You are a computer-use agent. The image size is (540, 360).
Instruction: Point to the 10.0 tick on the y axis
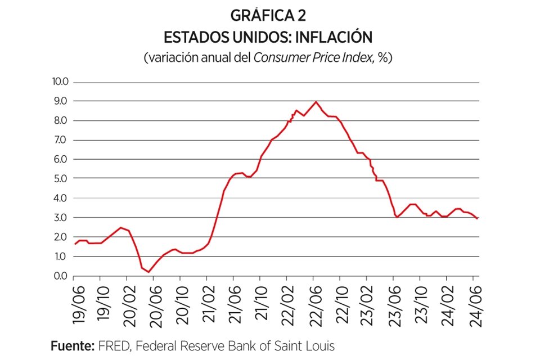tap(60, 82)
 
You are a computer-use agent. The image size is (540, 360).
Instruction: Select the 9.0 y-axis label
tap(61, 101)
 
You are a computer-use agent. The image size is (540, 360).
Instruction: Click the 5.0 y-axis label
tap(61, 179)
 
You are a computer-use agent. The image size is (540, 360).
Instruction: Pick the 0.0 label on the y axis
tap(61, 276)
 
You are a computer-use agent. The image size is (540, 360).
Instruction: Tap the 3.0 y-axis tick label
tap(61, 218)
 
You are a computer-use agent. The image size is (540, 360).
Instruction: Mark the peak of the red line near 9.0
tap(316, 102)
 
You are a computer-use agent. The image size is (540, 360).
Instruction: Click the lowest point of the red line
tap(148, 272)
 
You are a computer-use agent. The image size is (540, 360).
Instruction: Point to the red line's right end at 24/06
tap(478, 218)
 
